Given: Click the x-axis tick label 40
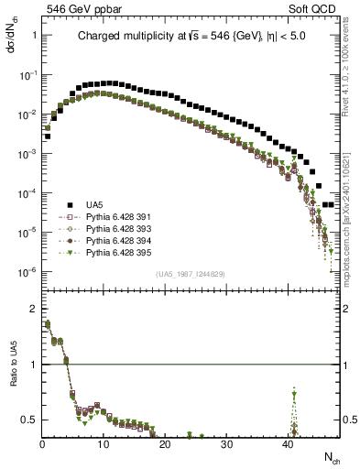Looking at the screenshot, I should [288, 446].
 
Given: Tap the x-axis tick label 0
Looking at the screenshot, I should [42, 446].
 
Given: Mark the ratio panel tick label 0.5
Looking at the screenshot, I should [30, 419].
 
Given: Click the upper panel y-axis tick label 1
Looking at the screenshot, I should [34, 35].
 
